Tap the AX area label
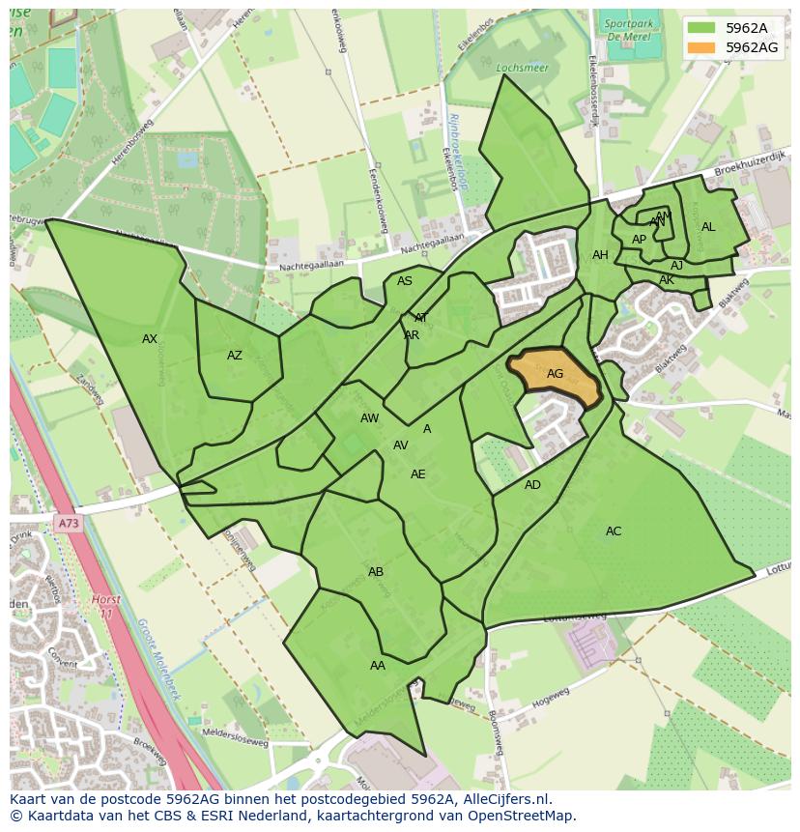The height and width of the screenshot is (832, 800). tap(150, 339)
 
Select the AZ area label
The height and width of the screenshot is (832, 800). tap(235, 356)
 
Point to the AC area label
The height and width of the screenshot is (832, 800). tap(614, 531)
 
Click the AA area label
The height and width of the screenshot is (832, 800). tap(378, 666)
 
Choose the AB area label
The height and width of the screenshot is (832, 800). tap(376, 572)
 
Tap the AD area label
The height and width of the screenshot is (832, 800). tap(532, 485)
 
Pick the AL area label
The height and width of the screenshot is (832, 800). tap(708, 227)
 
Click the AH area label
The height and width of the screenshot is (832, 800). tap(600, 255)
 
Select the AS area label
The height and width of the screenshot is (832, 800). tap(405, 281)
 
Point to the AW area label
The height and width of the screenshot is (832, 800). tap(369, 418)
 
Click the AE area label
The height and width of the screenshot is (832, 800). tap(417, 474)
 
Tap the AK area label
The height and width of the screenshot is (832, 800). tap(666, 280)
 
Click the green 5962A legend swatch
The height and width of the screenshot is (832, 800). tap(702, 28)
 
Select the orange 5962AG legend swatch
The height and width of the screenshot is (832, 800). tap(702, 46)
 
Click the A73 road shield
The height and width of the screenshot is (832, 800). tap(68, 524)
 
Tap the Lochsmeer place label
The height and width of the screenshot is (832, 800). tap(514, 69)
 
